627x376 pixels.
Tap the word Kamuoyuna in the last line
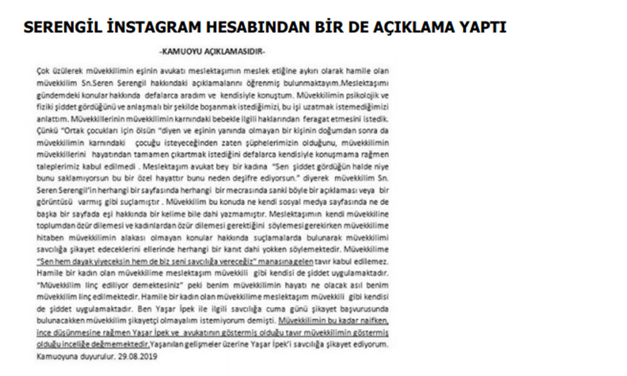56,357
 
